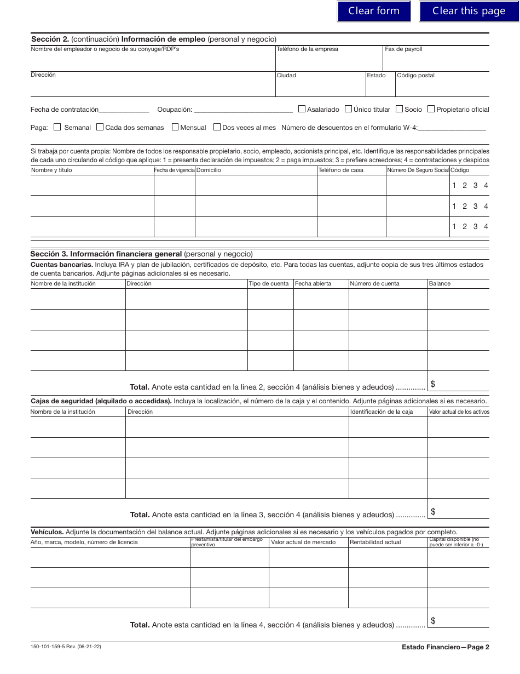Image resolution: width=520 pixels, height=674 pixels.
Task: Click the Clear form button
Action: pos(374,11)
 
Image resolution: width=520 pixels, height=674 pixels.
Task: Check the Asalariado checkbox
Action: pos(302,109)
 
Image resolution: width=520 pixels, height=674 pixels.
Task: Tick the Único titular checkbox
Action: pos(348,109)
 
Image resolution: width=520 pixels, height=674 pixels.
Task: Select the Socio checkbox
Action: pos(399,109)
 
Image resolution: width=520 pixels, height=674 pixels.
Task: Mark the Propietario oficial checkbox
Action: pos(431,109)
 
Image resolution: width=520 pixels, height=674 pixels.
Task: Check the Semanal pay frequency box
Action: pos(57,127)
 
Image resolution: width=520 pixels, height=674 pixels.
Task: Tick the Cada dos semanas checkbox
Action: pos(100,127)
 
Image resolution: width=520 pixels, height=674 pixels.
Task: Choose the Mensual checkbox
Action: pos(175,127)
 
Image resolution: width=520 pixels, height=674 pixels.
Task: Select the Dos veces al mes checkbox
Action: pos(217,127)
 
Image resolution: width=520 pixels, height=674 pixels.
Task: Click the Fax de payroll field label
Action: pos(403,49)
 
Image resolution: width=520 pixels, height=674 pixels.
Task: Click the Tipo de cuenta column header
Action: pos(268,283)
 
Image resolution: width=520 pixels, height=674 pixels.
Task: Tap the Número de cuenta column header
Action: pos(374,283)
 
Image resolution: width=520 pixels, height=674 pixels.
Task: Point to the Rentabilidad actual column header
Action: pos(375,542)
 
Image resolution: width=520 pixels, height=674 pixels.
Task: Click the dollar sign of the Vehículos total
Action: pos(433,620)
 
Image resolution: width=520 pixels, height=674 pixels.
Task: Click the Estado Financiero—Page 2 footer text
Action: pos(445,647)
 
